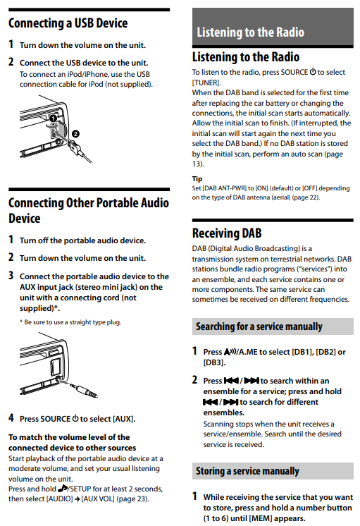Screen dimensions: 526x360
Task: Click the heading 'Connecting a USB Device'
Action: (x=68, y=23)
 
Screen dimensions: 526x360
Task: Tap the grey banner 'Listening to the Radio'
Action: (x=250, y=32)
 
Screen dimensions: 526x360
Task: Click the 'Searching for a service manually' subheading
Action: (x=259, y=326)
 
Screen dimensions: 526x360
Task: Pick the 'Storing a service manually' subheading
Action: (x=247, y=471)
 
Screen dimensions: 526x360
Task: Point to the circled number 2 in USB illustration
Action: (x=76, y=133)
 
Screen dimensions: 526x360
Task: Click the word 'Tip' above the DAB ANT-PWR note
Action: (x=197, y=179)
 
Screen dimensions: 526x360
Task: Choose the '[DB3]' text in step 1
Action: (x=215, y=362)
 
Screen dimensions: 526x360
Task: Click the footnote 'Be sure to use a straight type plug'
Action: (x=73, y=322)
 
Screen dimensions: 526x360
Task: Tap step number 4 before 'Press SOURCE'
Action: (x=11, y=418)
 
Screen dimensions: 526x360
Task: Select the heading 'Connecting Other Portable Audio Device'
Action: (x=88, y=211)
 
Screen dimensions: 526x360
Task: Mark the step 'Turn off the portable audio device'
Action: (x=82, y=240)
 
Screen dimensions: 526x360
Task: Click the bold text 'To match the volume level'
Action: (x=69, y=438)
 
